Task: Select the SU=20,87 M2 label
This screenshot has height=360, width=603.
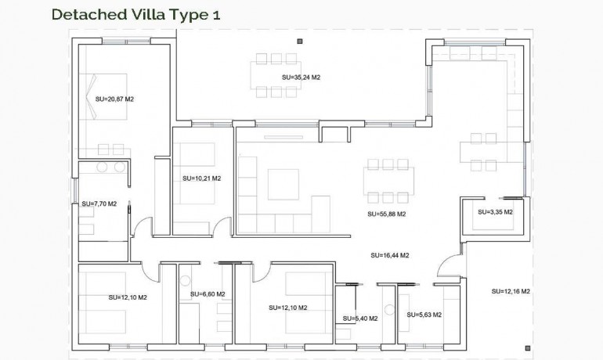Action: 115,99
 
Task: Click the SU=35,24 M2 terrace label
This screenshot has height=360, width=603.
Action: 301,77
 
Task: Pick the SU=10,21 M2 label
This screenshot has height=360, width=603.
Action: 201,178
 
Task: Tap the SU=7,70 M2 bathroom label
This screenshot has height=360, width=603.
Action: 99,203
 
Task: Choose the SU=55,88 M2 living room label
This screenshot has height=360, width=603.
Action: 387,214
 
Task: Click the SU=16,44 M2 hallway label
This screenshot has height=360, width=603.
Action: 390,255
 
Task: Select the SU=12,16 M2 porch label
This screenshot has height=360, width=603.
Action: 511,291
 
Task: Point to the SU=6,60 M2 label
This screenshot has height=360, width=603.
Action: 208,294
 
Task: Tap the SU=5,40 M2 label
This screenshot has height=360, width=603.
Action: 360,319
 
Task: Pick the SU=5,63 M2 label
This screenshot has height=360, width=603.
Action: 424,315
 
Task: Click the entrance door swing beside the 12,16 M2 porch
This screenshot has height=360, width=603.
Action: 446,271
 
